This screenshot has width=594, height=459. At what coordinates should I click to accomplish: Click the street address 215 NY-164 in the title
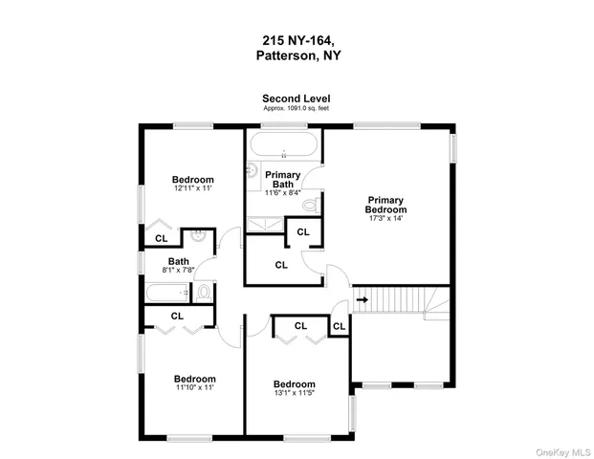297,40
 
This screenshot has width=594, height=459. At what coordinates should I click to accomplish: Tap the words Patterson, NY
297,55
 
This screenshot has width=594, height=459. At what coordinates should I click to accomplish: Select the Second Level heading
297,98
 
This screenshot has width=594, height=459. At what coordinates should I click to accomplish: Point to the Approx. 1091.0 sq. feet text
297,108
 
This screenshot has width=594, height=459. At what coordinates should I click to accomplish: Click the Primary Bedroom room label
386,206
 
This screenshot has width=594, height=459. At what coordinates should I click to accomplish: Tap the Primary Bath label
283,180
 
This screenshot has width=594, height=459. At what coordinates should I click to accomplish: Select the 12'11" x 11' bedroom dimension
192,189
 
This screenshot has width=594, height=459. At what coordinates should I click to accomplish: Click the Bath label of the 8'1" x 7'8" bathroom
179,261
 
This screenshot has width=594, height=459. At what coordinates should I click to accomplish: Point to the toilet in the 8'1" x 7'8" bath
202,293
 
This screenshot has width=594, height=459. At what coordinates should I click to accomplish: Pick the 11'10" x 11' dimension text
194,388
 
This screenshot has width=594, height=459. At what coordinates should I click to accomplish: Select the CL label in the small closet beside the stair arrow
339,326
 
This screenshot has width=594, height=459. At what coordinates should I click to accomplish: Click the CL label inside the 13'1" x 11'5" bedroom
300,326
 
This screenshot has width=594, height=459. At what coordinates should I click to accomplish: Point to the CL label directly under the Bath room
178,316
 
